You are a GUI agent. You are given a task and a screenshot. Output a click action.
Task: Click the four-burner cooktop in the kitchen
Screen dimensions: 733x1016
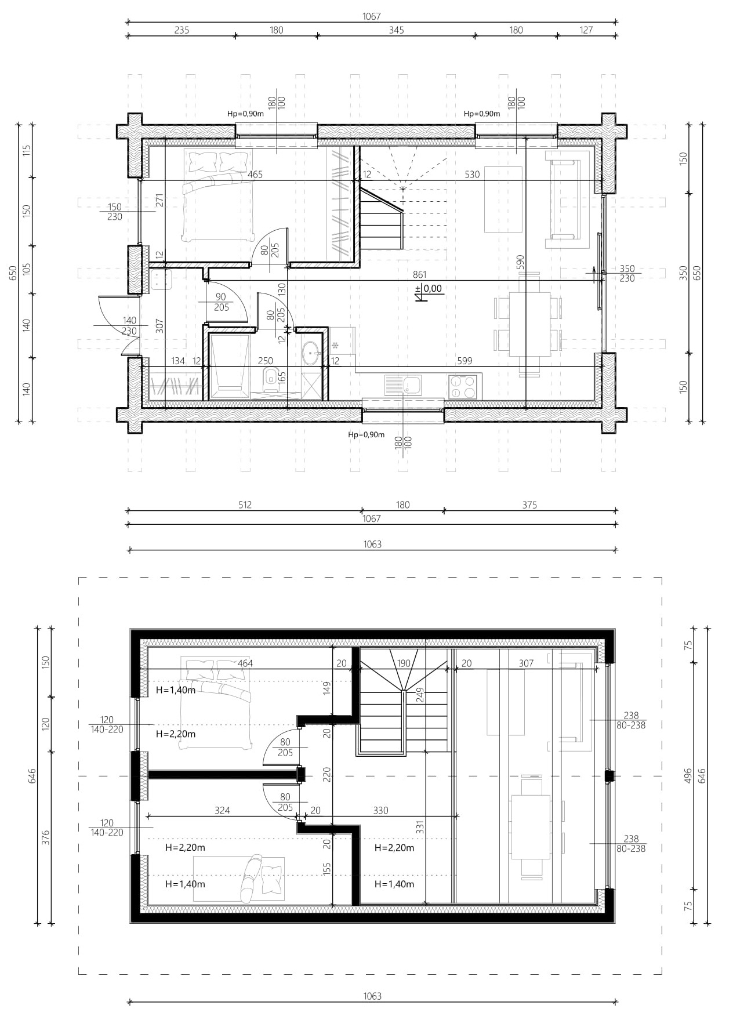click(x=463, y=387)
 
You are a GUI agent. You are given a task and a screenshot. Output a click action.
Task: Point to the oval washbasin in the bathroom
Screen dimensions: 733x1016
click(x=311, y=352)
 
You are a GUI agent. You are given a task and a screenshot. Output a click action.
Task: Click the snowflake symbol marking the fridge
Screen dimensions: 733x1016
click(x=335, y=345)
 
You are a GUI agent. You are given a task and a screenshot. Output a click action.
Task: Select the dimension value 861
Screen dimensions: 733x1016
click(x=419, y=275)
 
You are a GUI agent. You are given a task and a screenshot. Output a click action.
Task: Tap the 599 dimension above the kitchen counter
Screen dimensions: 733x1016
click(x=465, y=361)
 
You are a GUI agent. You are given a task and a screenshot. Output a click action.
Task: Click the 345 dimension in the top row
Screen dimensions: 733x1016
click(x=396, y=30)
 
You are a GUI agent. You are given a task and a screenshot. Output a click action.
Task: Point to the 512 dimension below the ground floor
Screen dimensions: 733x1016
click(x=245, y=505)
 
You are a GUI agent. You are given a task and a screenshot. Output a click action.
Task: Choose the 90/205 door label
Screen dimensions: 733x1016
click(x=221, y=302)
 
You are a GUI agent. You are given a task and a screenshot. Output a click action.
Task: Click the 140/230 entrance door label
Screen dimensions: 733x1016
click(x=129, y=326)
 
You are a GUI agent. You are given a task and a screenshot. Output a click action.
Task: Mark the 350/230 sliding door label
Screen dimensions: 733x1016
click(x=627, y=274)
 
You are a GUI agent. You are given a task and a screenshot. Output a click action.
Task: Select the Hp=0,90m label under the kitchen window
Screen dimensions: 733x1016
click(x=366, y=434)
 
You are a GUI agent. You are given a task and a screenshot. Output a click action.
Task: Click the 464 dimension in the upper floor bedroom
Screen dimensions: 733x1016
click(x=245, y=663)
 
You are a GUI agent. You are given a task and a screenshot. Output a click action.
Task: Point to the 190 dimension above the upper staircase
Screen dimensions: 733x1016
click(x=404, y=663)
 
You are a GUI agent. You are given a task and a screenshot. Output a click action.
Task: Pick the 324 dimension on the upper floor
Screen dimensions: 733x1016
click(x=222, y=810)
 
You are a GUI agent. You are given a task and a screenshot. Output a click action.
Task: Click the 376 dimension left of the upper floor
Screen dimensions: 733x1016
click(x=46, y=837)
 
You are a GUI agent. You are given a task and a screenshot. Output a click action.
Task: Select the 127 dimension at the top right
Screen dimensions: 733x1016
click(x=586, y=30)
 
